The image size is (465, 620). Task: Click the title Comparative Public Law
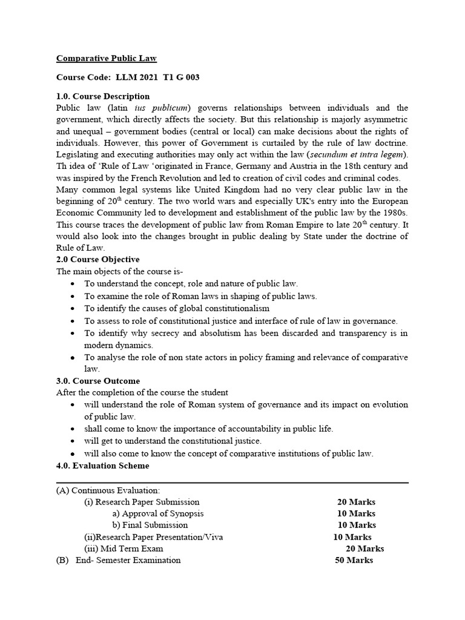[x=107, y=59]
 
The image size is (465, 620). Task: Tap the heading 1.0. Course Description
[x=103, y=96]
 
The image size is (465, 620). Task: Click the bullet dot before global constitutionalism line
[x=73, y=309]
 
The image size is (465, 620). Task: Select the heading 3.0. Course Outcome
[x=98, y=381]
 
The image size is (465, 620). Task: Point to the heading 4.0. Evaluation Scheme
[x=103, y=466]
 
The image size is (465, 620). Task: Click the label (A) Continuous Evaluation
[x=108, y=490]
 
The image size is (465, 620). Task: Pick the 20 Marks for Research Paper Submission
[x=356, y=502]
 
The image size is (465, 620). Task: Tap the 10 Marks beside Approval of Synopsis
[x=356, y=513]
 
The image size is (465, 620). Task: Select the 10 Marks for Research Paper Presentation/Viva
[x=352, y=537]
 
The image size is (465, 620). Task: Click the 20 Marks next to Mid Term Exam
[x=364, y=549]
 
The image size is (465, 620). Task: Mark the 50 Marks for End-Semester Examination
[x=354, y=560]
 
